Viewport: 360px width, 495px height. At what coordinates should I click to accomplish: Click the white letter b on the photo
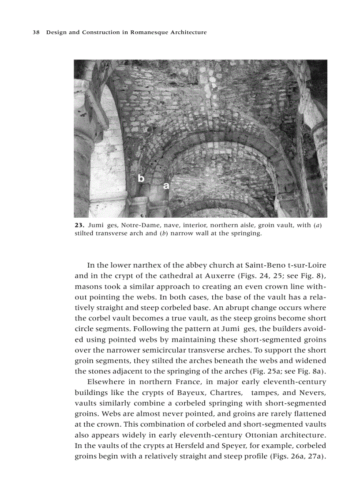pos(141,179)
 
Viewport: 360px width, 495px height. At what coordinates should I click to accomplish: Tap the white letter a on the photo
pos(166,186)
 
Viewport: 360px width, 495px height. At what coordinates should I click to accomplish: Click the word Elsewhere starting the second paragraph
pos(105,382)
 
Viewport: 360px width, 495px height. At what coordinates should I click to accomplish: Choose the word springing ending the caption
pos(247,234)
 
